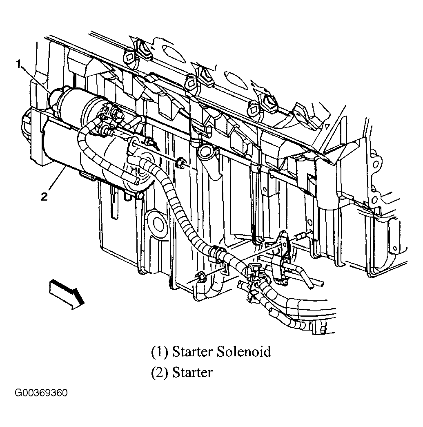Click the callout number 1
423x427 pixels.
18,64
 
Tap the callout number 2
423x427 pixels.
44,197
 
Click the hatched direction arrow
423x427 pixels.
67,292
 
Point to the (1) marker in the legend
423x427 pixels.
160,352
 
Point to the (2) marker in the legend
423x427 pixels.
160,373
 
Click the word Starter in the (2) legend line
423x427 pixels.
192,373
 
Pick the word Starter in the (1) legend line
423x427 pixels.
192,351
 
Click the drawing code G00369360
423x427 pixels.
41,393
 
